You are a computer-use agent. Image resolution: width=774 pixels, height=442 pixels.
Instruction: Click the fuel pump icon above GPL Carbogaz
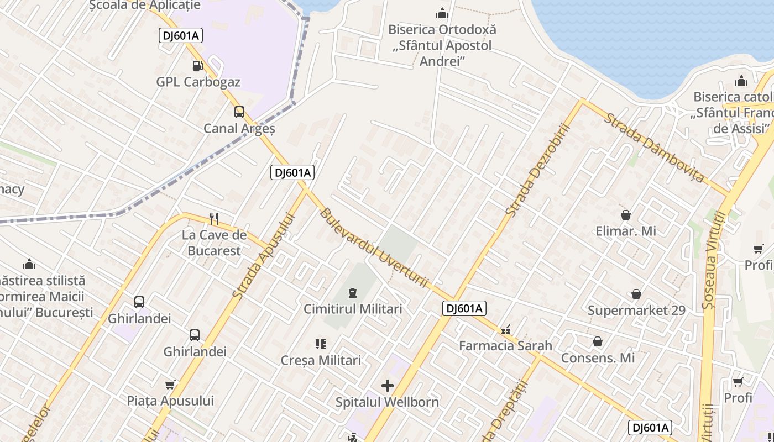197,66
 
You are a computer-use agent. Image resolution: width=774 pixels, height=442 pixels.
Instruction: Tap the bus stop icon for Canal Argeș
239,112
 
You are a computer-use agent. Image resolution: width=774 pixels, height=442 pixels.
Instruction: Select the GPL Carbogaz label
198,82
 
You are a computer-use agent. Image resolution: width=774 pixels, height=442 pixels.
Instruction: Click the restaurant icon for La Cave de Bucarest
215,219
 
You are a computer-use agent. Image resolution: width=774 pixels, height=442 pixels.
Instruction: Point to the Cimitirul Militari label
353,309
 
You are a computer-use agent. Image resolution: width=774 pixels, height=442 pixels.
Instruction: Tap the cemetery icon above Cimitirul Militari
353,292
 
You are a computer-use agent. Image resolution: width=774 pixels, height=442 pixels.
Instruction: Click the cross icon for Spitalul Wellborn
388,385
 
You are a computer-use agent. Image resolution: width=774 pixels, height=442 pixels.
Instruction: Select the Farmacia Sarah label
505,346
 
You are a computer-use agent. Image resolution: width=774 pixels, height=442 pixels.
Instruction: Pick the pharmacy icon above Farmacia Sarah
505,330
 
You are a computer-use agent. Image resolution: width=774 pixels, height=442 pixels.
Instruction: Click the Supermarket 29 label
636,311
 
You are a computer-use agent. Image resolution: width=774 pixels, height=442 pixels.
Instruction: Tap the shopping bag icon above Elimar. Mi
626,214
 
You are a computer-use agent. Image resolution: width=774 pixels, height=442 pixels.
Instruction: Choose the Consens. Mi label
598,358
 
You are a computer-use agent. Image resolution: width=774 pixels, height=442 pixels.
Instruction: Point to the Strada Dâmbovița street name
655,148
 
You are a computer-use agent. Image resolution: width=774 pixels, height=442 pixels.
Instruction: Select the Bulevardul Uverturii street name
374,248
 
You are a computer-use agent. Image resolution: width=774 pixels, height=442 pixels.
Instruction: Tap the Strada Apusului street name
264,256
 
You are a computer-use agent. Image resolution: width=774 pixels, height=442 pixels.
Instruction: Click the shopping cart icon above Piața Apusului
170,385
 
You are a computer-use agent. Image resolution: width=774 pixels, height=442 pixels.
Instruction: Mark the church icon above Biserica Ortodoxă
442,13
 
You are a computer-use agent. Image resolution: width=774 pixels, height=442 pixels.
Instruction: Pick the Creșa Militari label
321,360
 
